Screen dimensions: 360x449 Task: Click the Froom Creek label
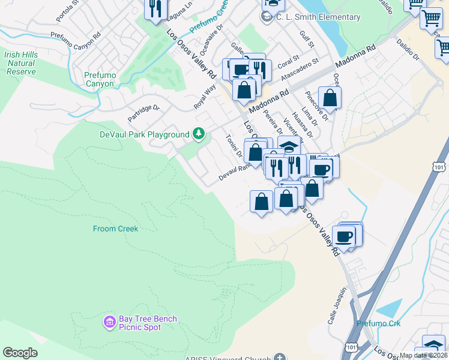point(115,229)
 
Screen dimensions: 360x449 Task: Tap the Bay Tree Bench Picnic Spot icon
point(109,323)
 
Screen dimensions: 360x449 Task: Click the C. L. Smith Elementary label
point(318,17)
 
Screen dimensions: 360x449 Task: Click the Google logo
point(20,353)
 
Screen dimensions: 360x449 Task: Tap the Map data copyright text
point(424,355)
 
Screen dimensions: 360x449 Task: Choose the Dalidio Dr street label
point(408,49)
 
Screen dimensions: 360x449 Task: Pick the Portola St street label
point(67,11)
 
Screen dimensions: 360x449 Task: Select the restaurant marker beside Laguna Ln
point(156,8)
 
